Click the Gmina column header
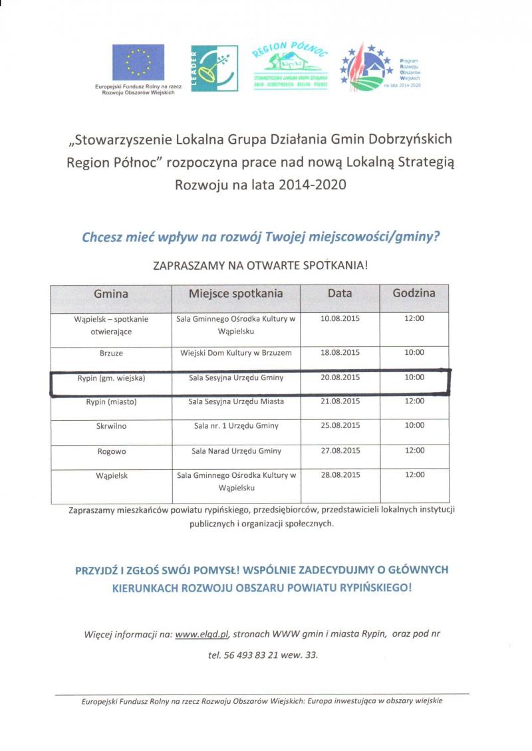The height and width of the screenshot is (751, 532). click(111, 294)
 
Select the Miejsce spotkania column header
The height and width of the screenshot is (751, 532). click(236, 294)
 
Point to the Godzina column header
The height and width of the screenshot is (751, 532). click(414, 293)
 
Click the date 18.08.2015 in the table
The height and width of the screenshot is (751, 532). click(340, 353)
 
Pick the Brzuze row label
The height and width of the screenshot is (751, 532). click(111, 353)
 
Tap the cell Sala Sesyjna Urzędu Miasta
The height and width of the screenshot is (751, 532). click(236, 401)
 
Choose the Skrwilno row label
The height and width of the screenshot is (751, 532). click(111, 425)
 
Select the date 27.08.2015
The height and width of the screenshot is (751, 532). click(340, 451)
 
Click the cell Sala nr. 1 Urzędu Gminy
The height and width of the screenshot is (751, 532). click(236, 425)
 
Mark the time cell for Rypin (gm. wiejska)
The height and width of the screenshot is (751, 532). click(414, 377)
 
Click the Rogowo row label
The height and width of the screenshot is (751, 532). click(111, 451)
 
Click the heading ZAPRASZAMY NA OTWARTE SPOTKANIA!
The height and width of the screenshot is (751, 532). click(260, 265)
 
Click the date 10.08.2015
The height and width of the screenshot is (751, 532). click(340, 319)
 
